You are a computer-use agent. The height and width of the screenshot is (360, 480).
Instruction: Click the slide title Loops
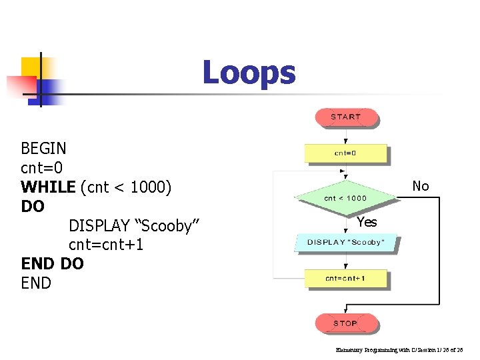coord(249,73)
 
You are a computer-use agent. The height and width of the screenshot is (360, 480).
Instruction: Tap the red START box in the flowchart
coord(345,117)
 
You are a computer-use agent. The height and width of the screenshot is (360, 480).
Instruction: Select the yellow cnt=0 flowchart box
coord(345,153)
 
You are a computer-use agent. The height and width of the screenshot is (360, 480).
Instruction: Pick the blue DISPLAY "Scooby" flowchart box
coord(345,242)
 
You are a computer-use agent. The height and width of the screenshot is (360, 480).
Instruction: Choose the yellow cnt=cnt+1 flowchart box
coord(345,278)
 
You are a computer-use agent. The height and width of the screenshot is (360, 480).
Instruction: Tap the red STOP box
coord(345,323)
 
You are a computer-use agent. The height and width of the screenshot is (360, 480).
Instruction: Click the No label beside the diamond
coord(421,186)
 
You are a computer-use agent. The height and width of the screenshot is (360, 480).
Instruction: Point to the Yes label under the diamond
coord(367,222)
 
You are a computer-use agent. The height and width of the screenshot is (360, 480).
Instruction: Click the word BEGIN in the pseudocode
coord(44,147)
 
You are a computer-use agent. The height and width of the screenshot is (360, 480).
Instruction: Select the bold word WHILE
coord(48,187)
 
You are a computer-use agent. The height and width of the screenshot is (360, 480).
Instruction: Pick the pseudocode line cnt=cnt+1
coord(106,245)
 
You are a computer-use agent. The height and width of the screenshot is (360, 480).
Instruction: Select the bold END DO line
coord(53,264)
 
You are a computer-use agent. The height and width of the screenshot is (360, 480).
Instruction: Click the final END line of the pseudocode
coord(36,283)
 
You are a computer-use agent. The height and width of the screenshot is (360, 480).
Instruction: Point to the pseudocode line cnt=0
coord(41,167)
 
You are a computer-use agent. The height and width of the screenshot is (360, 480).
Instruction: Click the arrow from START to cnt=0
coord(345,136)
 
